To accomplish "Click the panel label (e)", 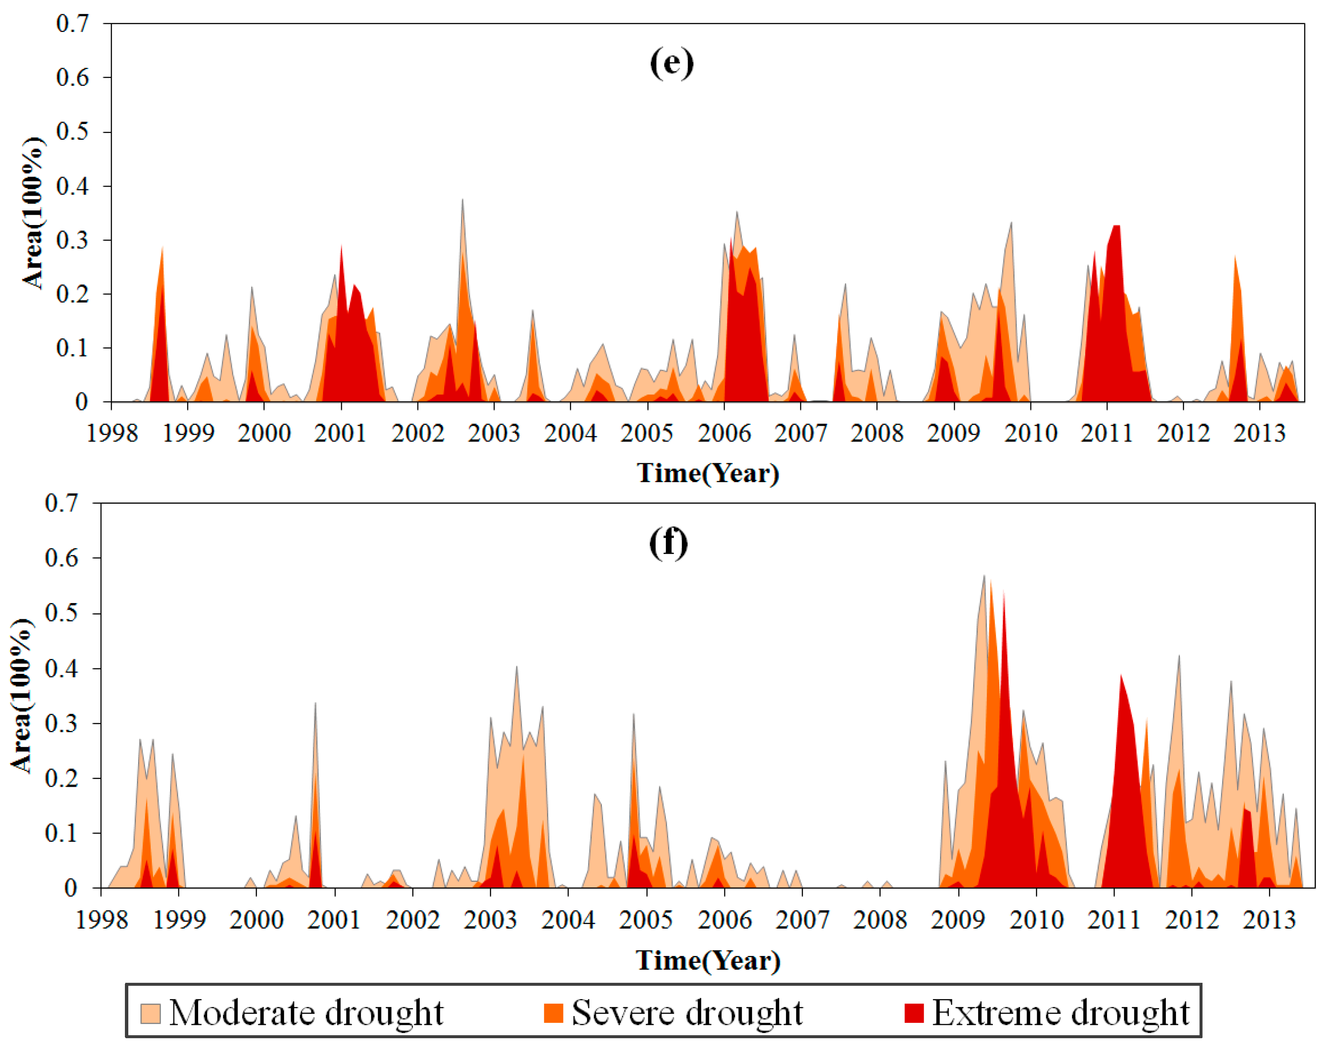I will (x=671, y=63).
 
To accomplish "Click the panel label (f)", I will (x=668, y=543).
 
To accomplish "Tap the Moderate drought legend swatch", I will (x=150, y=1013).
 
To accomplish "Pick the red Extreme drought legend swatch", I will (x=914, y=1013).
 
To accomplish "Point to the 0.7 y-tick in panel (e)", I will (x=72, y=24).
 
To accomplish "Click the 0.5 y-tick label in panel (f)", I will (x=62, y=613).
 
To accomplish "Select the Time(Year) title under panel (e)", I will (x=708, y=473).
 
